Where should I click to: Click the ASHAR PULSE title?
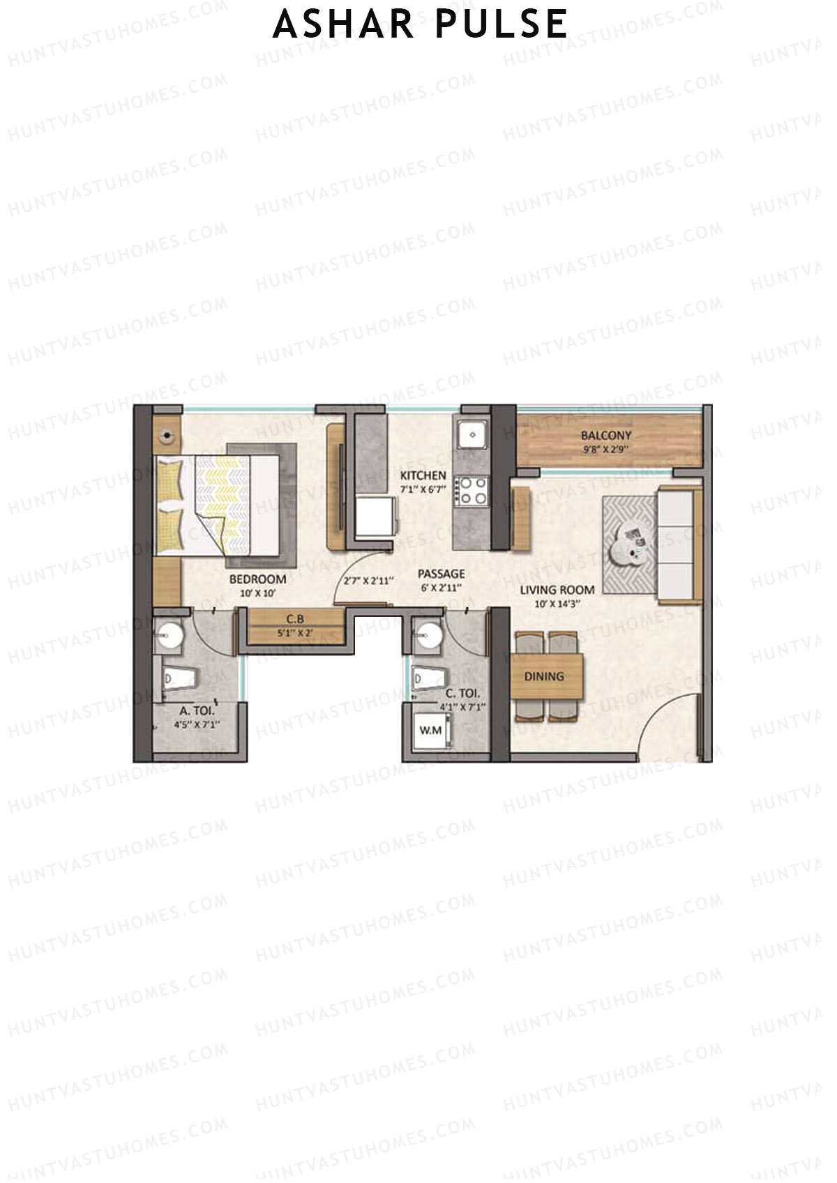click(420, 24)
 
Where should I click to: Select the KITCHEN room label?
click(423, 475)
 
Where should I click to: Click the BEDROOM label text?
click(257, 579)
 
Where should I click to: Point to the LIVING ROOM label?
click(557, 590)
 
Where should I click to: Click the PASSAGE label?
click(441, 574)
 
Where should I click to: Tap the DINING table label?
click(544, 676)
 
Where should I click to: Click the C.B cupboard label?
click(294, 619)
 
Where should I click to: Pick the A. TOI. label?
click(197, 711)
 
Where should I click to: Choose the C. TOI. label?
click(462, 694)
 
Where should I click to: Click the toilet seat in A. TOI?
click(178, 678)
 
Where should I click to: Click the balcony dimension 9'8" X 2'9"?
click(606, 450)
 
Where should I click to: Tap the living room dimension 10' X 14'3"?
click(557, 604)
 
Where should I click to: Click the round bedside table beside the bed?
click(167, 437)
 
